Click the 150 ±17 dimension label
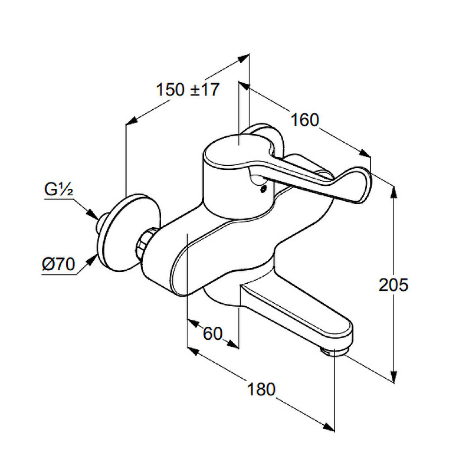coord(188,90)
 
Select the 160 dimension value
coord(304,120)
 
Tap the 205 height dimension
coord(393,284)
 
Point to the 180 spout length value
coord(261,389)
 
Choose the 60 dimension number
coord(212,333)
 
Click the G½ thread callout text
coord(58,189)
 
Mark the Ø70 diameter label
coord(58,264)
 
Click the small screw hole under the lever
coord(264,189)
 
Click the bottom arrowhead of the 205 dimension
coord(393,376)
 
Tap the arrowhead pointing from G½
coord(92,214)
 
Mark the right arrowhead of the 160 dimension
coord(365,153)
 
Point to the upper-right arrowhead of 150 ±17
coord(243,58)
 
